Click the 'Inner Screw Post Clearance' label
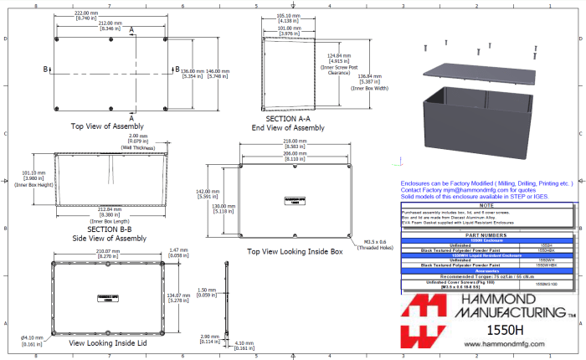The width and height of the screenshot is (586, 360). click(337, 69)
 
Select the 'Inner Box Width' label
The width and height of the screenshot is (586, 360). click(368, 88)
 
